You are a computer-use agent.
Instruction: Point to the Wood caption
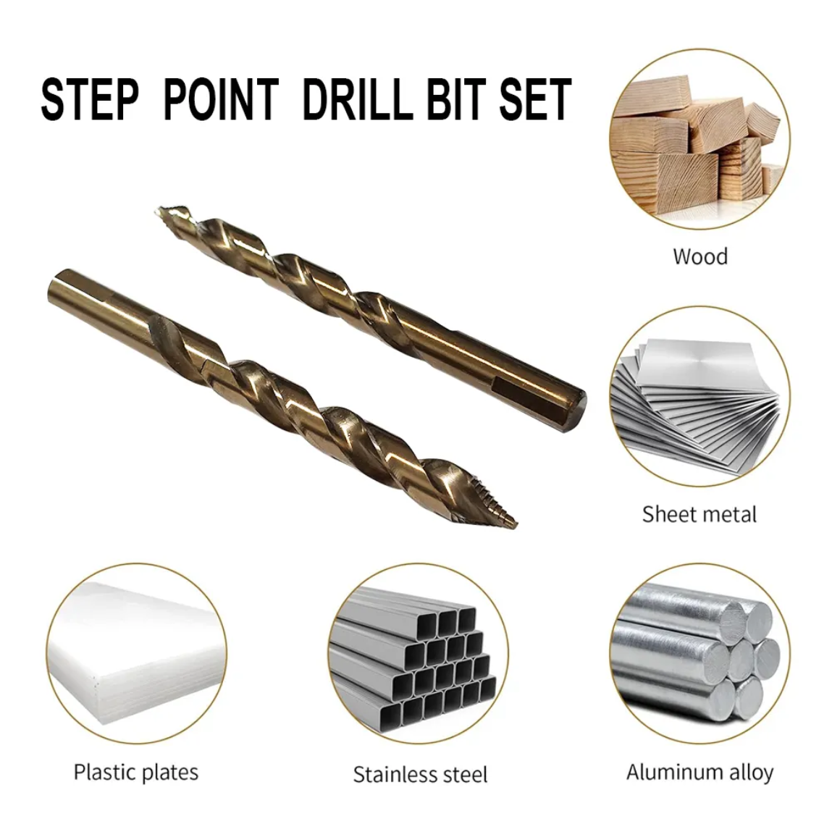pos(699,256)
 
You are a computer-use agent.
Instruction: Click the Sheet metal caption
pos(699,514)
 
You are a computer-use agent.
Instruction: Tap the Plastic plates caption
pos(136,772)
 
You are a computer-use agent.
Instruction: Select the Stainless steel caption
pos(420,774)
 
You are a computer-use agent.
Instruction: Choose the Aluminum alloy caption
pos(699,772)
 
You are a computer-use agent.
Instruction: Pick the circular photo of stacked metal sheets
pos(699,396)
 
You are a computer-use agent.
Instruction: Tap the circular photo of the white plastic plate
pos(137,654)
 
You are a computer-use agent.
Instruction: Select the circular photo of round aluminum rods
pos(699,654)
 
